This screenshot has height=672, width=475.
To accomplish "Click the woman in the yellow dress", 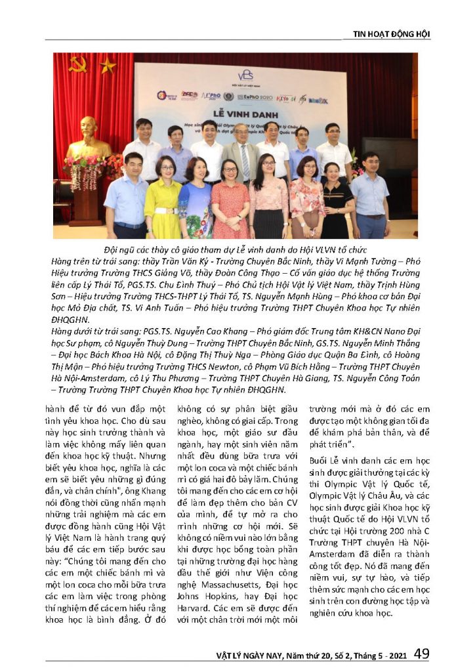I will point(163,200).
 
